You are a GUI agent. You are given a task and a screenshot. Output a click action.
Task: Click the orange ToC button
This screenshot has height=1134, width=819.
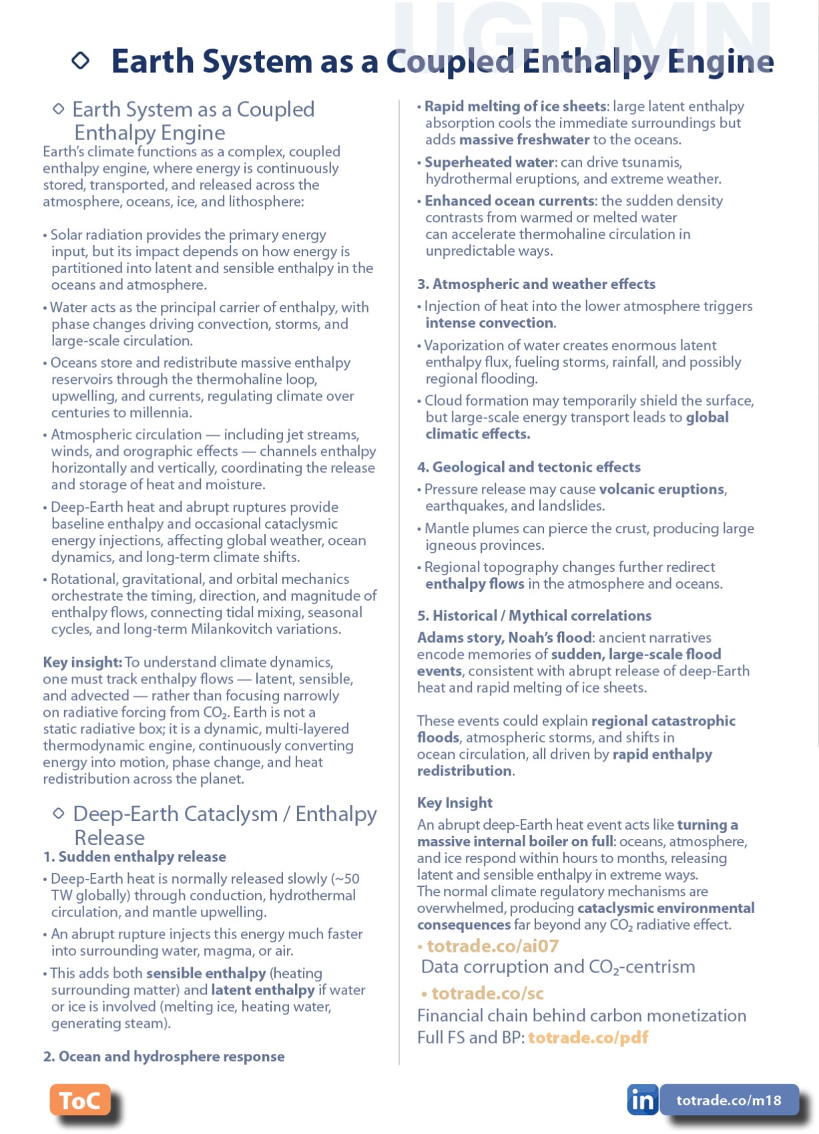(79, 1100)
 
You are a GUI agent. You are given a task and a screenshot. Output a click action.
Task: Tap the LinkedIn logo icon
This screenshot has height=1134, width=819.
(642, 1099)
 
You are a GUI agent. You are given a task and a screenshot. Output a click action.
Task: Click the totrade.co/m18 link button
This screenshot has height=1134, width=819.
(729, 1100)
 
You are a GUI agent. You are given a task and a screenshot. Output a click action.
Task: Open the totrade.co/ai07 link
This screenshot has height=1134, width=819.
(493, 946)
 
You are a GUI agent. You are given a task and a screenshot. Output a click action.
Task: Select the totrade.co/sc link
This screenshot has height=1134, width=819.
(487, 993)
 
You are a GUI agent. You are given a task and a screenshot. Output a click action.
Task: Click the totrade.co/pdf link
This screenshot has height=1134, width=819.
(588, 1037)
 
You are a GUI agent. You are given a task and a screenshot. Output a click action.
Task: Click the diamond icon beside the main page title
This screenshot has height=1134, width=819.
(81, 61)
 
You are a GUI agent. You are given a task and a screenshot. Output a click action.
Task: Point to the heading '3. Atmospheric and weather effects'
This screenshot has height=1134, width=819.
(536, 284)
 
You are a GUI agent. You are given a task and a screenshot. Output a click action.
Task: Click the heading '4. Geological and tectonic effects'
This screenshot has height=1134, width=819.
(529, 467)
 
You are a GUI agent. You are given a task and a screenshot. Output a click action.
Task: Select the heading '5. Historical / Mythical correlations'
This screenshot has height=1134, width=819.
(534, 615)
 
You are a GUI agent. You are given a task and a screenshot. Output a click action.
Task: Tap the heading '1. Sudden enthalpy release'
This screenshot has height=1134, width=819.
(134, 856)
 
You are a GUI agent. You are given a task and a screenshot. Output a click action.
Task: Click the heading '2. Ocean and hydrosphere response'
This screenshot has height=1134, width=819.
(164, 1056)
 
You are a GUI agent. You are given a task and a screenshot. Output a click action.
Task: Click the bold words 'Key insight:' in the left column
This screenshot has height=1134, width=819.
(82, 662)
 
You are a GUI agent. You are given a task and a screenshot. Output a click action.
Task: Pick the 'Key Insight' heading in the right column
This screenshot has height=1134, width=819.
(455, 802)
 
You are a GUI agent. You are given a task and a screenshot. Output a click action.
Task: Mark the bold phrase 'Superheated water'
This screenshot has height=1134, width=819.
(489, 162)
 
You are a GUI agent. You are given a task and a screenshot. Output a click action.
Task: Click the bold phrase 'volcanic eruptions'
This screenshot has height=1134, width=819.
(661, 489)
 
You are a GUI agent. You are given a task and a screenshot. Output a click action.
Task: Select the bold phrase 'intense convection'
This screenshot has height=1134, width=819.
(489, 323)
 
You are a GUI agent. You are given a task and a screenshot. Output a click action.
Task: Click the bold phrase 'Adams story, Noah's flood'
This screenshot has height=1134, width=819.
(504, 637)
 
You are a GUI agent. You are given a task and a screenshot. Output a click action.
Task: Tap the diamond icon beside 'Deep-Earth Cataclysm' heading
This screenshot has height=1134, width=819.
(59, 813)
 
